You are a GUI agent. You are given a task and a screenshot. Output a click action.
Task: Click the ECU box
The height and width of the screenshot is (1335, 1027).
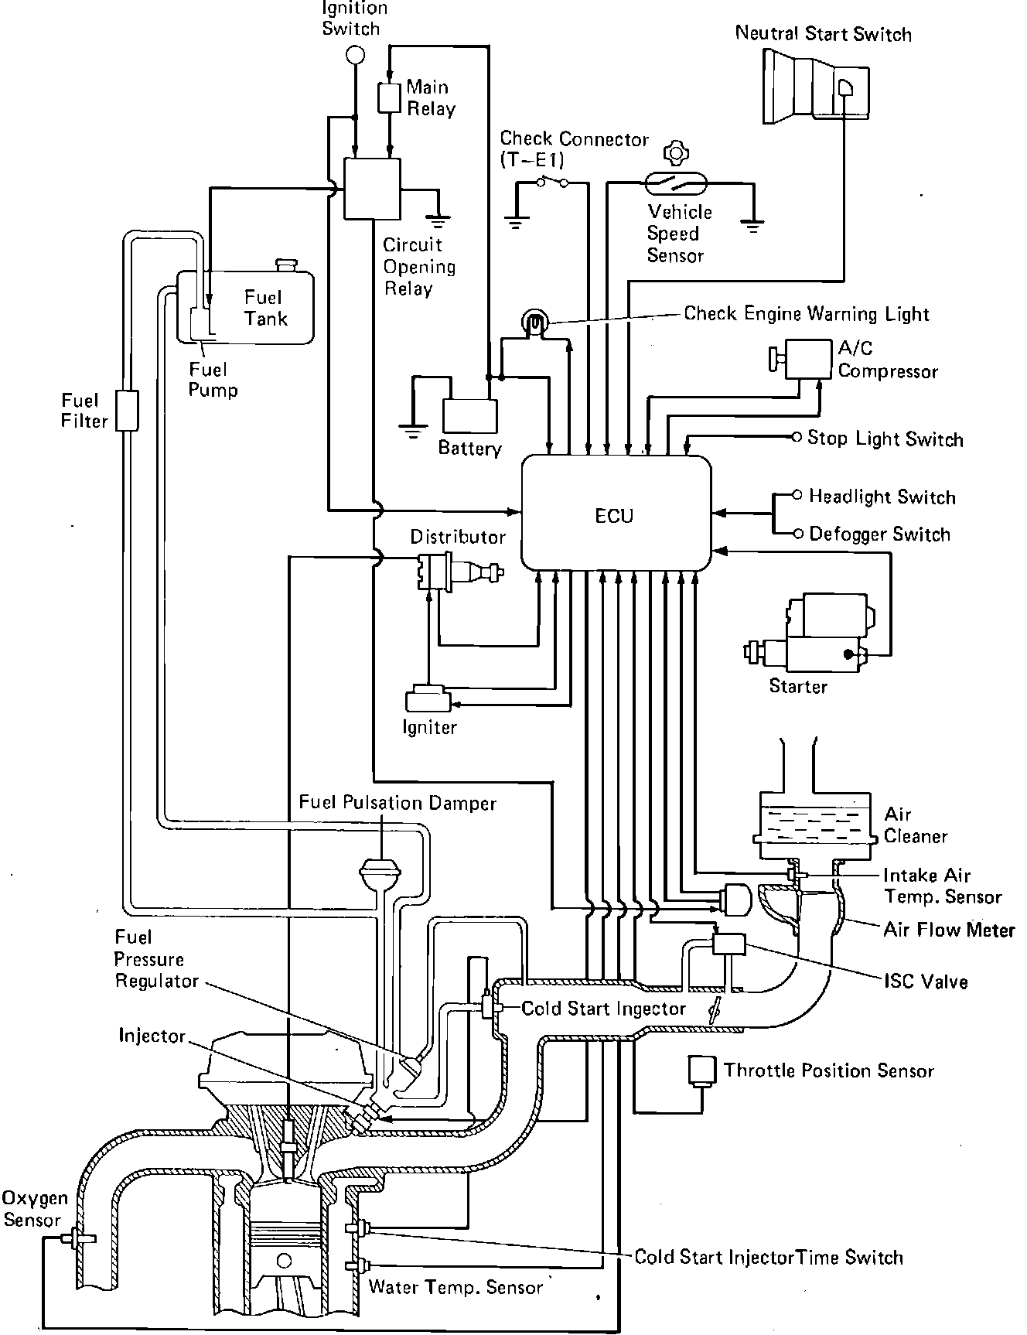click(x=616, y=513)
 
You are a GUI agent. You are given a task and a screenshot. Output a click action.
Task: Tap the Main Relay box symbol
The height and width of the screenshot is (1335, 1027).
click(x=389, y=97)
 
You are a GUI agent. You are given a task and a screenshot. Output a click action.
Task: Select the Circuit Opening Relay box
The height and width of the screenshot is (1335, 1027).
click(x=372, y=189)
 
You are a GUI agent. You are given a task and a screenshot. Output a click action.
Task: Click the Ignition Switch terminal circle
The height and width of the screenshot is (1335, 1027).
click(x=354, y=54)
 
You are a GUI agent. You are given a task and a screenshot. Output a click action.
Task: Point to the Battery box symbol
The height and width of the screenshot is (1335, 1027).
click(x=469, y=416)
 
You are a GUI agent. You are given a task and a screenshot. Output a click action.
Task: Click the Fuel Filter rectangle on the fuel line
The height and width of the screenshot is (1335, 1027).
click(x=126, y=410)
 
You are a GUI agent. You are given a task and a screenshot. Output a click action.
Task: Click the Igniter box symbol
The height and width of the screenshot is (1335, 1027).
click(x=428, y=699)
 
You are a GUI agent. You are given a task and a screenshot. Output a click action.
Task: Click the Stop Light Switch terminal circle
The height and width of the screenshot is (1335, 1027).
click(x=797, y=438)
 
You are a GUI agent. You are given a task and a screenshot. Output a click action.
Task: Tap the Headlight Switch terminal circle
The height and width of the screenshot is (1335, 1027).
click(x=797, y=495)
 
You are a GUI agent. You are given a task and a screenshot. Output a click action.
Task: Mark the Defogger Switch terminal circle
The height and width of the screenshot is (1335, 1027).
click(x=797, y=533)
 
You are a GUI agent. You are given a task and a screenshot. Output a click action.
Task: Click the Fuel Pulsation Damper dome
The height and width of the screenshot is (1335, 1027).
click(x=380, y=871)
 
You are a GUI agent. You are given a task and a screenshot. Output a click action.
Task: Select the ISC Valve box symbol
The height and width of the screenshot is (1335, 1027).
click(x=728, y=944)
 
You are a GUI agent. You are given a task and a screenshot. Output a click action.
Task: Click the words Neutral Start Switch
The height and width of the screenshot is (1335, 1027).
click(x=823, y=33)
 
